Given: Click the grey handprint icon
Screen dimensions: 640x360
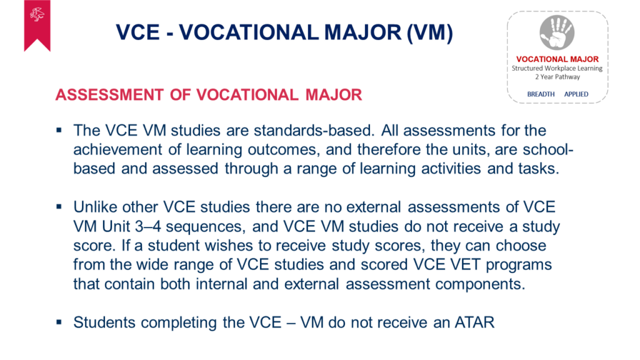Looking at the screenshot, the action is (x=557, y=32).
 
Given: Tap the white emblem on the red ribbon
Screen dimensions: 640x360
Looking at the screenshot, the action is (x=37, y=15).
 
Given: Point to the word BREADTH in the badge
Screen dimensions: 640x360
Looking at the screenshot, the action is (x=541, y=94).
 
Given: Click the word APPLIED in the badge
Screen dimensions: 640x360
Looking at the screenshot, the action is (x=576, y=94).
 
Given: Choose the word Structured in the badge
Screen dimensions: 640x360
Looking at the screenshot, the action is (x=527, y=68).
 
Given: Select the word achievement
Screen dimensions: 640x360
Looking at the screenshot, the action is (x=117, y=149).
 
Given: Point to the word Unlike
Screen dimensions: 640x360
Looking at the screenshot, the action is (x=95, y=207).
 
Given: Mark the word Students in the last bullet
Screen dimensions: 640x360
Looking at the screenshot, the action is (x=104, y=322).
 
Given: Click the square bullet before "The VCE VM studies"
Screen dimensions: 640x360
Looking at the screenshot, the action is (x=59, y=131).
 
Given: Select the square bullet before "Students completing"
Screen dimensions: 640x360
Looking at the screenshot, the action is (x=59, y=322).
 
